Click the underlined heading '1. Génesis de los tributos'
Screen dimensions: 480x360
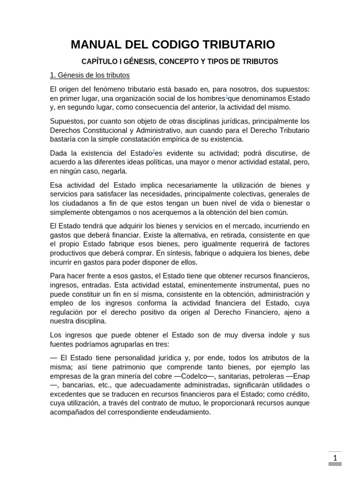tap(90, 75)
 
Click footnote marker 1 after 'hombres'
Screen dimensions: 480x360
tap(227, 97)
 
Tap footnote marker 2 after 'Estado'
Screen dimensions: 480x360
tap(154, 151)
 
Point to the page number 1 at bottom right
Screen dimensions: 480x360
tap(335, 458)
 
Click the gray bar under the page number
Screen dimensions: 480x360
tap(335, 464)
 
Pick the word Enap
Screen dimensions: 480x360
tap(301, 376)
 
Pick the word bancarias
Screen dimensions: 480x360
tap(72, 385)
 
